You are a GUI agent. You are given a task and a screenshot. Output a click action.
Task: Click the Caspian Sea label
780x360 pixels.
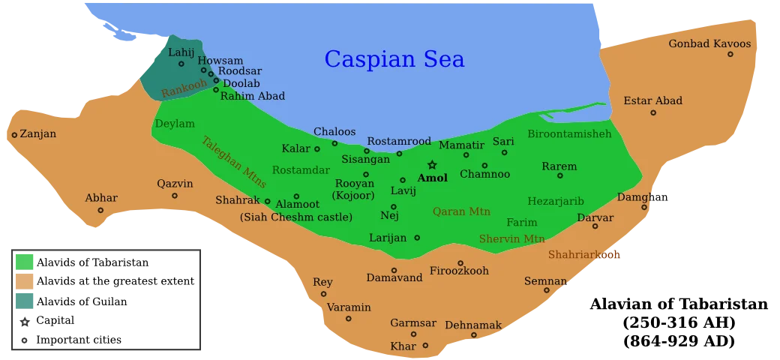pyautogui.click(x=394, y=59)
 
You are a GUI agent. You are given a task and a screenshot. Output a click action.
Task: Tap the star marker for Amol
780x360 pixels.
pyautogui.click(x=432, y=165)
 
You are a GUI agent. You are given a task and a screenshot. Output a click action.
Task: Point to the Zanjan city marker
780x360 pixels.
pyautogui.click(x=14, y=135)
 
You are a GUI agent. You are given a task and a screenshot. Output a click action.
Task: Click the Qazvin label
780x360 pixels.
pyautogui.click(x=175, y=184)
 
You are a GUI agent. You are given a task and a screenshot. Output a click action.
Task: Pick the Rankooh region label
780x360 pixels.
pyautogui.click(x=184, y=88)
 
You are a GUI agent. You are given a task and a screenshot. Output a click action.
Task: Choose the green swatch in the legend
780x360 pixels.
pyautogui.click(x=25, y=262)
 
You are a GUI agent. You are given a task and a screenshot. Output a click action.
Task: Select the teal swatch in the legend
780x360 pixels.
pyautogui.click(x=25, y=301)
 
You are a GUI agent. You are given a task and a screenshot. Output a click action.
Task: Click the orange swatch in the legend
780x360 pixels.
pyautogui.click(x=25, y=281)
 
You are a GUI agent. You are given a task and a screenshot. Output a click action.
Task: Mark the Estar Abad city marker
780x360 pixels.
pyautogui.click(x=653, y=113)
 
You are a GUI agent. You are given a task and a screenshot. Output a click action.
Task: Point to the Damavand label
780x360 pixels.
pyautogui.click(x=394, y=278)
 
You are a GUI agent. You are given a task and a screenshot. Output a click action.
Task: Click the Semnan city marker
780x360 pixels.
pyautogui.click(x=547, y=290)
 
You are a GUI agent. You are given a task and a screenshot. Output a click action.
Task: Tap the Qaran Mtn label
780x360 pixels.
pyautogui.click(x=461, y=211)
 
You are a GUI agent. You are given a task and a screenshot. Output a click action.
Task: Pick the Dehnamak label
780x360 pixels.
pyautogui.click(x=473, y=325)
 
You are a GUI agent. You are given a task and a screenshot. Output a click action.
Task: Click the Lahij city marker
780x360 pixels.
pyautogui.click(x=181, y=64)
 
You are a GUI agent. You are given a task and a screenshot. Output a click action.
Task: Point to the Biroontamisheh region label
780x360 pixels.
pyautogui.click(x=569, y=134)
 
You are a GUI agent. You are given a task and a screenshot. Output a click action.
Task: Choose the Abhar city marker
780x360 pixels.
pyautogui.click(x=100, y=211)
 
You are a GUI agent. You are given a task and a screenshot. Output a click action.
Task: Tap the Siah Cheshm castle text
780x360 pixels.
pyautogui.click(x=295, y=217)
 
